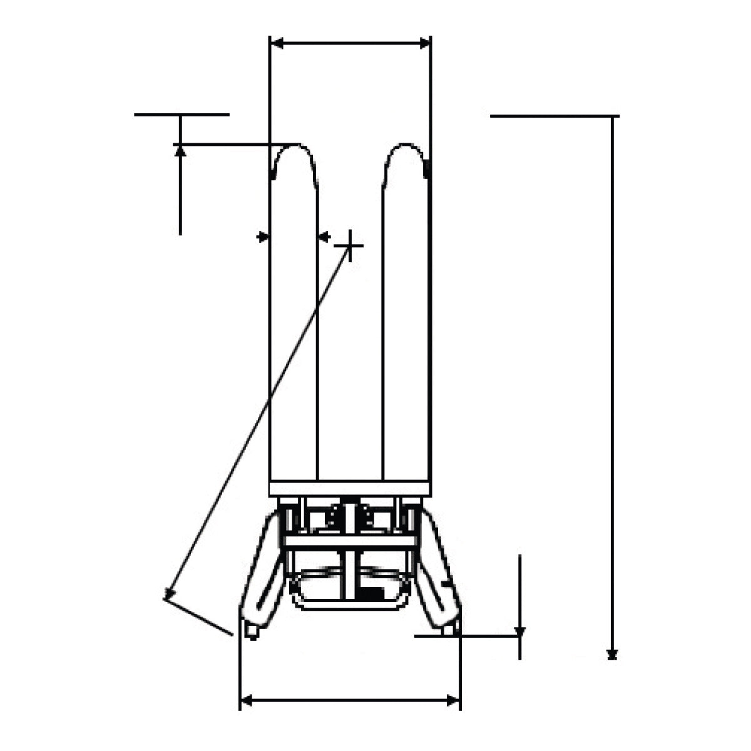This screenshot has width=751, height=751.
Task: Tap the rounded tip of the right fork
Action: (x=406, y=150)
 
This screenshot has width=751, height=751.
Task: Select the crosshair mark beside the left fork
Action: (x=351, y=245)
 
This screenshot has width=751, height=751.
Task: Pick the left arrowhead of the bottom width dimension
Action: (x=246, y=701)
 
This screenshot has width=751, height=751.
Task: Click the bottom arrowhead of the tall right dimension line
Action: (x=613, y=654)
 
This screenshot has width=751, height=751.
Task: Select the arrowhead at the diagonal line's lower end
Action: (x=168, y=593)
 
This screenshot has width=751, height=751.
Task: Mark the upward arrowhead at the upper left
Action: (x=180, y=150)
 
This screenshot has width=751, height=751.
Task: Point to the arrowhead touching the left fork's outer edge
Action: (x=263, y=237)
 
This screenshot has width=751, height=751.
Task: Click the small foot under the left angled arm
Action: (x=252, y=631)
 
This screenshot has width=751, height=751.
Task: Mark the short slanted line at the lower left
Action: (x=198, y=617)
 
